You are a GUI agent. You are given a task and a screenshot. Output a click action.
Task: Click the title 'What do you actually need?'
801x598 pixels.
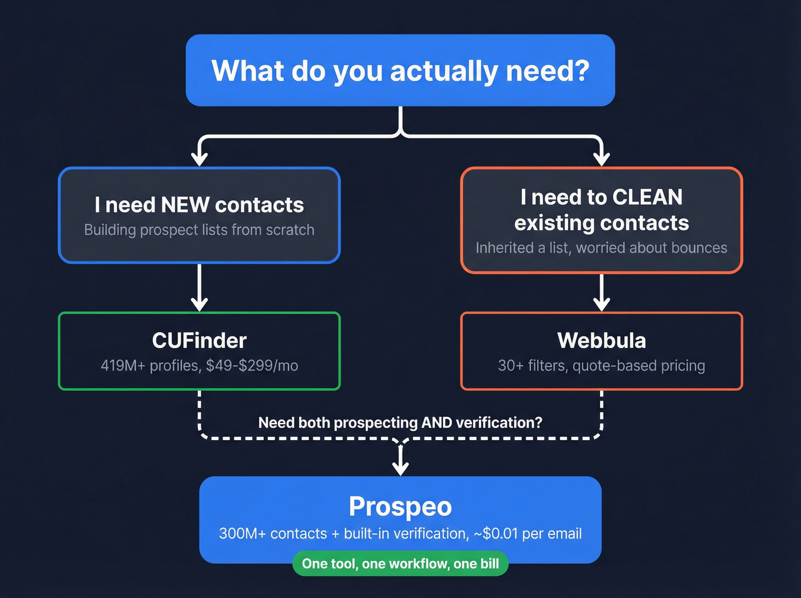coord(400,71)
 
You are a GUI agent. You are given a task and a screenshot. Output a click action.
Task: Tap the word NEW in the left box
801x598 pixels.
coord(185,205)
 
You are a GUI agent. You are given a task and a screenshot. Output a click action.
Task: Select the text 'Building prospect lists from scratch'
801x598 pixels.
coord(199,230)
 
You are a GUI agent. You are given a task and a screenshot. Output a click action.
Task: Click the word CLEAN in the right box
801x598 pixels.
coord(647,197)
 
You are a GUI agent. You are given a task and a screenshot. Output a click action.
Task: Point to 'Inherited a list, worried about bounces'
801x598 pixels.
coord(601,248)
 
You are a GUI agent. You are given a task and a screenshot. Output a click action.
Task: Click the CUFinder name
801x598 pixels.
coord(199,340)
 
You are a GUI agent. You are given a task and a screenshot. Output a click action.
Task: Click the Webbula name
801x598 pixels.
coord(601,340)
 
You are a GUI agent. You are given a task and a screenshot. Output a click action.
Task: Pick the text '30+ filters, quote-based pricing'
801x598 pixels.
coord(601,366)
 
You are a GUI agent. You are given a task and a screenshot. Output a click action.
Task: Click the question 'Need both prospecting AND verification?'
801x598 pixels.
coord(400,423)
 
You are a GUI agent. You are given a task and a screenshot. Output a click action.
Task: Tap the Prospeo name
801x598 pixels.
coord(400,506)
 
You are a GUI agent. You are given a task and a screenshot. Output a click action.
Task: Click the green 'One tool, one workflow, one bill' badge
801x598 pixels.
coord(400,564)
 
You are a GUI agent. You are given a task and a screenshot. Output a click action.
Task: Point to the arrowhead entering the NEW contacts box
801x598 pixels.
coord(199,159)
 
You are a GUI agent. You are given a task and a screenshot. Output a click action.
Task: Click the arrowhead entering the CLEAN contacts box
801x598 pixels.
coord(601,159)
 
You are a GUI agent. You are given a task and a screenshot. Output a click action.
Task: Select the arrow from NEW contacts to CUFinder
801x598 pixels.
coord(199,286)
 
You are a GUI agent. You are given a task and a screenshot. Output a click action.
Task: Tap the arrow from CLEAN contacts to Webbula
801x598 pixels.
coord(601,292)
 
